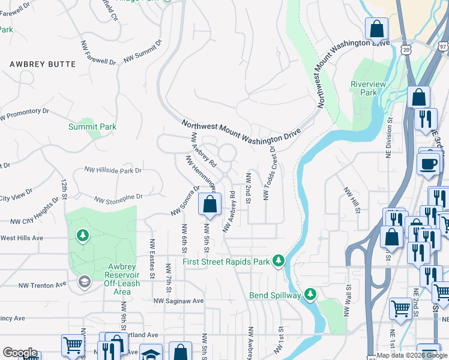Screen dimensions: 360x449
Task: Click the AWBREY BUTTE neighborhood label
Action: pos(43,64)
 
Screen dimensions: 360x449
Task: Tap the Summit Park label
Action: pos(92,127)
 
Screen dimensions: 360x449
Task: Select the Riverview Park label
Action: pos(369,88)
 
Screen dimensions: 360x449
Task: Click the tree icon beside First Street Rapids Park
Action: pos(278,260)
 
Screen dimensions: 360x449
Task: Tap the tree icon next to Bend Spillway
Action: pos(310,294)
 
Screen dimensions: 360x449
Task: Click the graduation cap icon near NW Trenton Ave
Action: pos(84,281)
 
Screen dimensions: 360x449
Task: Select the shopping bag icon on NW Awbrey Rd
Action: pos(210,205)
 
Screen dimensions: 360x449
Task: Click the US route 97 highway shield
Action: pos(442,46)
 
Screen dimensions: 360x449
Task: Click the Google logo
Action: pos(20,353)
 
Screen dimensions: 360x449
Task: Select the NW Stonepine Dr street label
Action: pos(118,196)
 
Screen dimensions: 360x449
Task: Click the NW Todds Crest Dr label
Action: pos(268,173)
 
